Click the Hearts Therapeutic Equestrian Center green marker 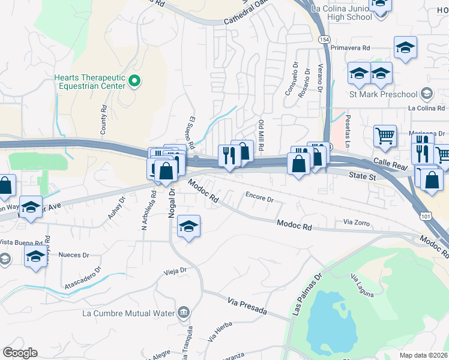point(134,81)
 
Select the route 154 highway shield point(323,39)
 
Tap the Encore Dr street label point(259,196)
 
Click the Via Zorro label point(355,223)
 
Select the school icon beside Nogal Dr point(189,226)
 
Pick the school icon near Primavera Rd point(406,47)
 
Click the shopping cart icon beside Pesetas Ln point(385,135)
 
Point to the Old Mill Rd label point(262,136)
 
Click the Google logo point(20,353)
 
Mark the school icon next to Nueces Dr point(35,257)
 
